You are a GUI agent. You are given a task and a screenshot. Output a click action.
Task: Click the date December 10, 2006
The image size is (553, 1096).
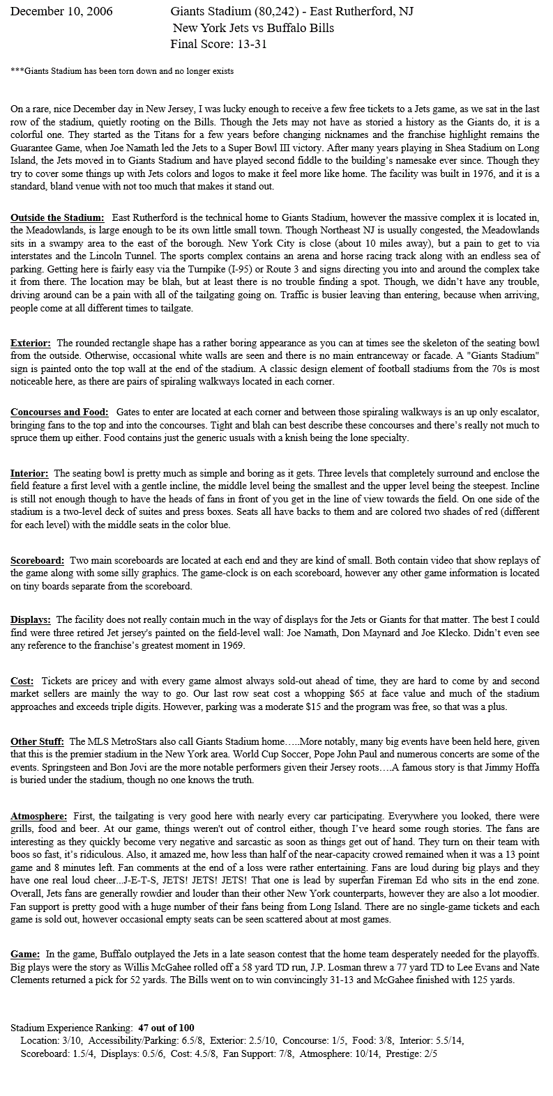62,12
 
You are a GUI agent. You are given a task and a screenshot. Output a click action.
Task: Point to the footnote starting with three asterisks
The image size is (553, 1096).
122,71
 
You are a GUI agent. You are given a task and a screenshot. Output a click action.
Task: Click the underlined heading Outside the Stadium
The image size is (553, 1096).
58,218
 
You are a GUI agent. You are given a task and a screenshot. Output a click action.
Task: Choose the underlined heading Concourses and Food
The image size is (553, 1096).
61,412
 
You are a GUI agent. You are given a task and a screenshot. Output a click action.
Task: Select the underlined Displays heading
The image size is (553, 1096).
31,619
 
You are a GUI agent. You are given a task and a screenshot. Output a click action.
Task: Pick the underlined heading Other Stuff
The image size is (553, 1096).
38,741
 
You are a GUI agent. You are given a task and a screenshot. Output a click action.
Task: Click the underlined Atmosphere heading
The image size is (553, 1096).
39,816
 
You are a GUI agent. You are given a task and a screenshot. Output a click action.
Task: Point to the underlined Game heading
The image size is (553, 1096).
25,954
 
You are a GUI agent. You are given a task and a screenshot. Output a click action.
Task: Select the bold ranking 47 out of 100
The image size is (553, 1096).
166,1028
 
